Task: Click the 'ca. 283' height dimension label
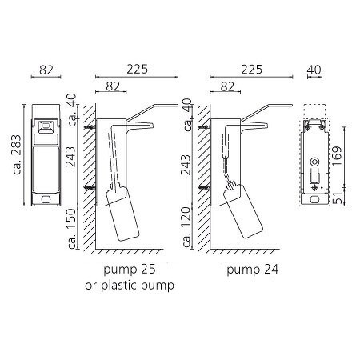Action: coord(17,154)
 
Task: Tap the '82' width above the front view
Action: coord(46,70)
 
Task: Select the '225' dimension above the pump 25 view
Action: coord(137,70)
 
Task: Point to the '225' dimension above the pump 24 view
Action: coord(252,70)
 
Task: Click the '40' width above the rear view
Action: coord(314,70)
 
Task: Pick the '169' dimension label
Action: coord(337,156)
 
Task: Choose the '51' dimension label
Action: coord(338,198)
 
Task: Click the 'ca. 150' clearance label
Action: coord(71,229)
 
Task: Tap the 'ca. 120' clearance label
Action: coord(186,227)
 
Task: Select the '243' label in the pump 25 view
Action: coord(71,157)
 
